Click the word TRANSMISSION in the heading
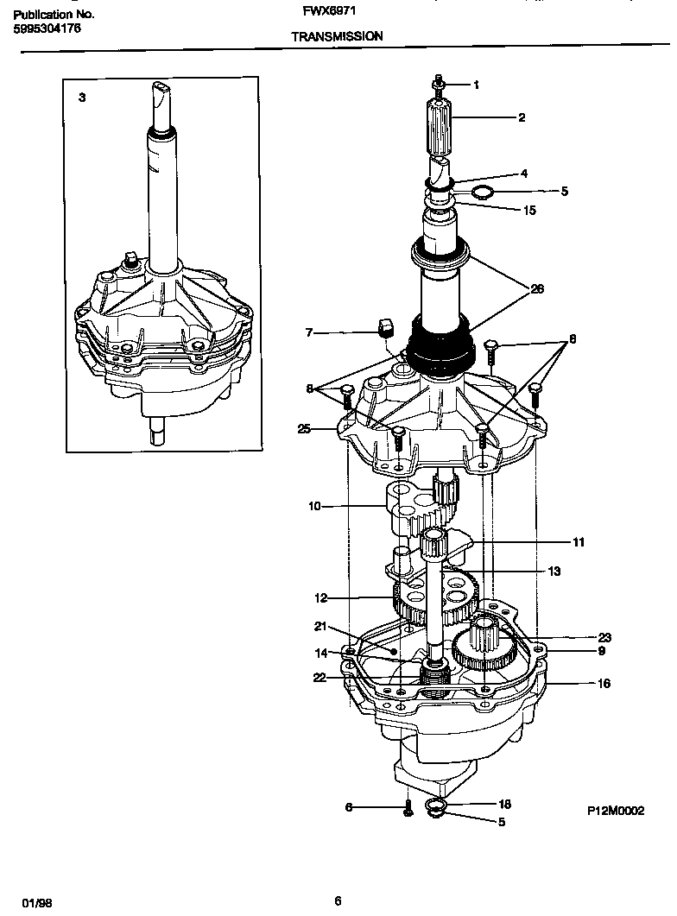pos(337,37)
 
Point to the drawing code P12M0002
pos(617,812)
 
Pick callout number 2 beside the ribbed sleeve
pos(522,117)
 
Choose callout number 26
pos(536,289)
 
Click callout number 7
pos(308,332)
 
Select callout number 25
pos(302,429)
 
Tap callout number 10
pos(314,506)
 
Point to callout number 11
pos(578,542)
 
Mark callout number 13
pos(554,571)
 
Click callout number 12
pos(320,597)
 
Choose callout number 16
pos(604,683)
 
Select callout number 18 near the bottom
pos(505,804)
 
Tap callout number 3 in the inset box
pos(82,98)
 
